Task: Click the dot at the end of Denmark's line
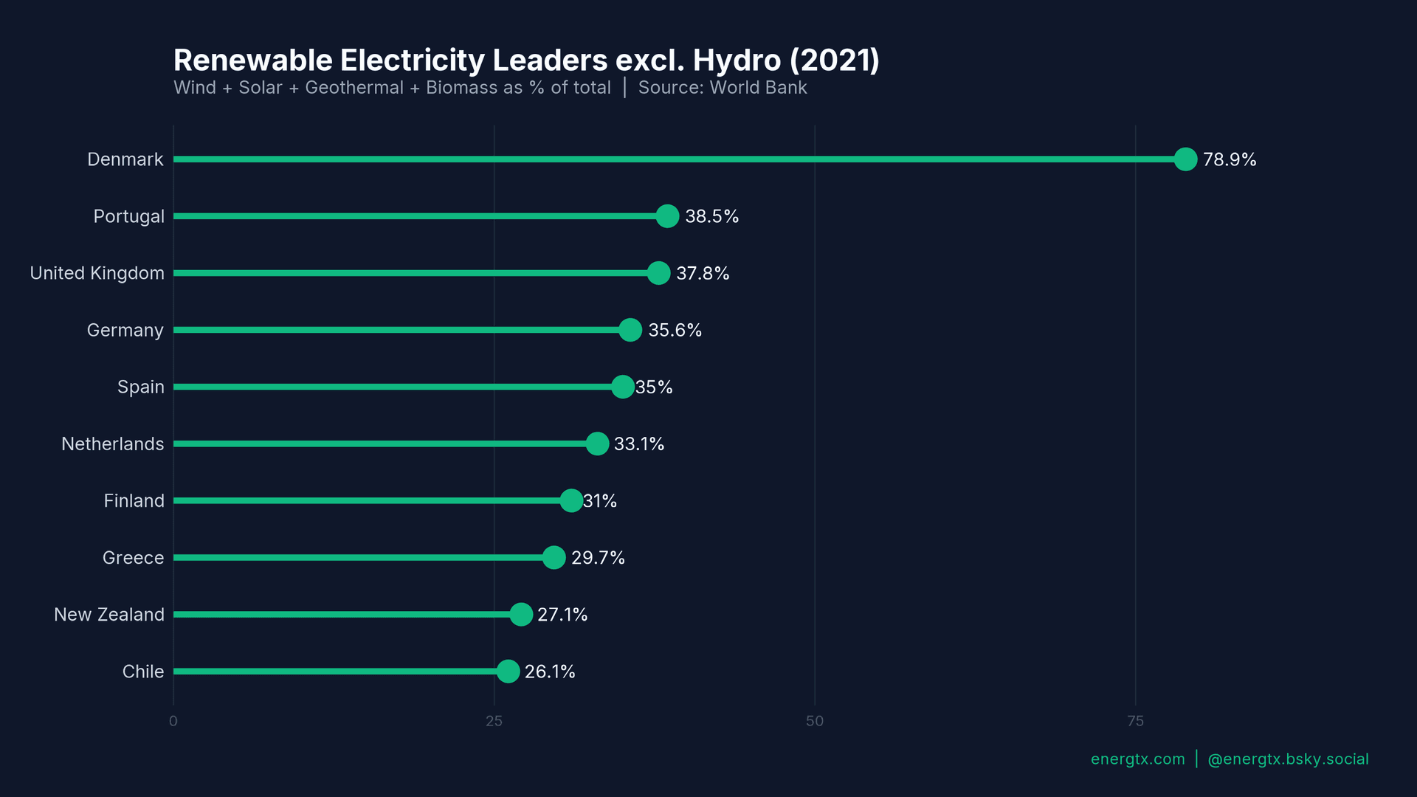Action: tap(1185, 159)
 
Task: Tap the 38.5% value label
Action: tap(711, 216)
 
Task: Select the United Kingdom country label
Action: tap(97, 273)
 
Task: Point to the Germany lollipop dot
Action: tap(630, 330)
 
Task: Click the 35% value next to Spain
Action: tap(654, 387)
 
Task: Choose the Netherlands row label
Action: tap(112, 444)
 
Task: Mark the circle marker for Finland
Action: tap(571, 500)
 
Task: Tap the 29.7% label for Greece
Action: tap(598, 557)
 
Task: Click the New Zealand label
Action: tap(108, 614)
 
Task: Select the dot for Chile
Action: tap(508, 671)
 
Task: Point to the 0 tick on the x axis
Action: tap(173, 721)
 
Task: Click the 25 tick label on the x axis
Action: tap(494, 721)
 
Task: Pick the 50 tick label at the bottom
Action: tap(815, 721)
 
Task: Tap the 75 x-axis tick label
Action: tap(1135, 721)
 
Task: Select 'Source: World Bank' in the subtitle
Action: tap(722, 88)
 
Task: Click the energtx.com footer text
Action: tap(1137, 759)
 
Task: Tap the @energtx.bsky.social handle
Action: tap(1288, 759)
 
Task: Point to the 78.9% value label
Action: tap(1230, 159)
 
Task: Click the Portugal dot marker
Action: tap(667, 216)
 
